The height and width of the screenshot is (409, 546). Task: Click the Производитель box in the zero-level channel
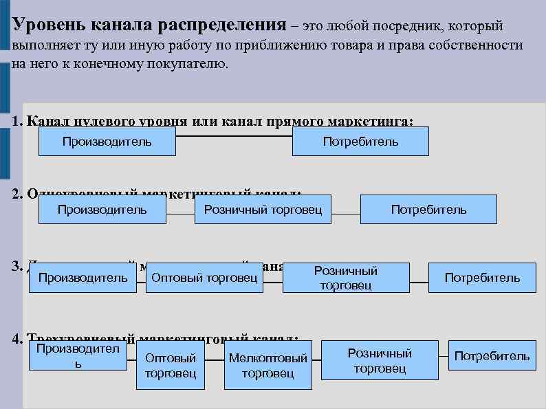[x=107, y=142]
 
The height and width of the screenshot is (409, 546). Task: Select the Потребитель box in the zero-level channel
[x=360, y=142]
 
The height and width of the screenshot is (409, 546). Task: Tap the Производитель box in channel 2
[x=102, y=210]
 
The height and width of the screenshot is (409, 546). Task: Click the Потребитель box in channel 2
[x=428, y=210]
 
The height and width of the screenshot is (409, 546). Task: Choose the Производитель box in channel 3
[x=83, y=278]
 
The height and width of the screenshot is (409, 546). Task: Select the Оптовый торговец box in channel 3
[x=204, y=278]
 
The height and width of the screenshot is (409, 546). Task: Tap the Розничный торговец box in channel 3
[x=346, y=278]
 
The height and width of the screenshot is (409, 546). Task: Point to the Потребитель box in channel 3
[x=482, y=278]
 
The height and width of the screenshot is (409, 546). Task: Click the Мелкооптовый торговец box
[x=267, y=365]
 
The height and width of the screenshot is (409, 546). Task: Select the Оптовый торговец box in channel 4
[x=171, y=365]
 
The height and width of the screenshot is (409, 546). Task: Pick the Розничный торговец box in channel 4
[x=380, y=360]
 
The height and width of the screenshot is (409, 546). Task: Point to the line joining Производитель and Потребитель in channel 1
[x=233, y=136]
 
